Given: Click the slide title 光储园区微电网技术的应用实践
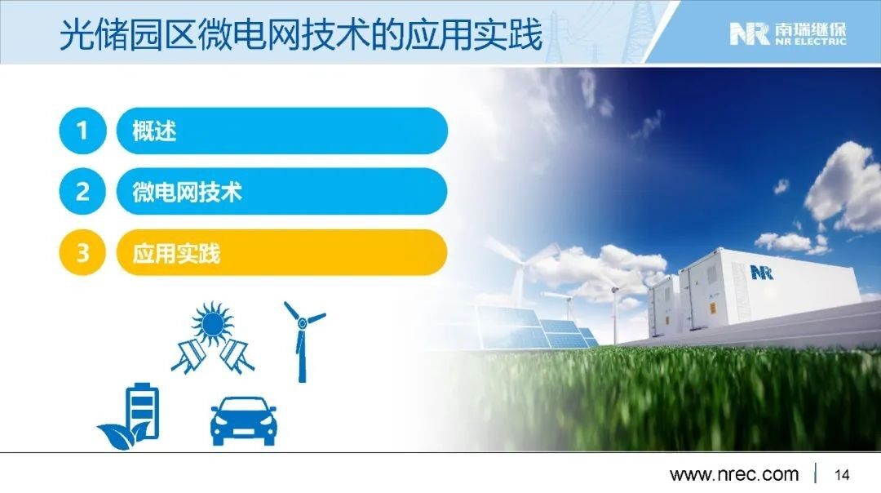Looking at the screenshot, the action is point(301,34).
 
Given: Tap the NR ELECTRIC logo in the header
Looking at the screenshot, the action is point(788,33).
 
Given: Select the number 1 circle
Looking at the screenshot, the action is point(82,131).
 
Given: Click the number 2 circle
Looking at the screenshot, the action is point(82,192).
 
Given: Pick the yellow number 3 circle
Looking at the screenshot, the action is point(82,252).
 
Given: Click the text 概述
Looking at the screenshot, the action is point(154,131).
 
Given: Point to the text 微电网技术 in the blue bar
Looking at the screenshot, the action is point(187,192).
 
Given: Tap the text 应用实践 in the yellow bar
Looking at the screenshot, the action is point(176,253).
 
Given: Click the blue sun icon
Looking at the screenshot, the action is point(212,322).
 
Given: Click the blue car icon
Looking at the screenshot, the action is point(243,421).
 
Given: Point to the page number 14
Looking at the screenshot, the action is point(842,474).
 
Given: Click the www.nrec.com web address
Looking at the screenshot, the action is point(734,474).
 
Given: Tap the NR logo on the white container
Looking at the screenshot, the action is point(761,273).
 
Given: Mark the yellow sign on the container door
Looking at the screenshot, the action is point(712,308).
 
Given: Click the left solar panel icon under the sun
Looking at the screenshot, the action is point(189,355).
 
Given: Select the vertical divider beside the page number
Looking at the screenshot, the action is point(816,473).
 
